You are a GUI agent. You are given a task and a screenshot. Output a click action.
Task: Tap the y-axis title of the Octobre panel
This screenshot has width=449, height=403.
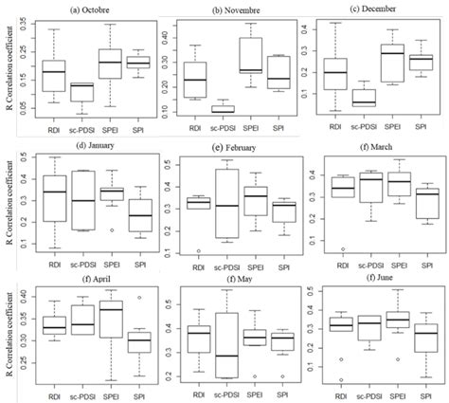[x=8, y=71]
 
